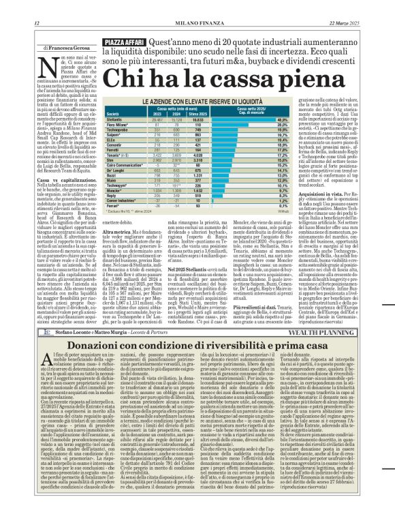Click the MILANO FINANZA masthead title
[197, 22]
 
